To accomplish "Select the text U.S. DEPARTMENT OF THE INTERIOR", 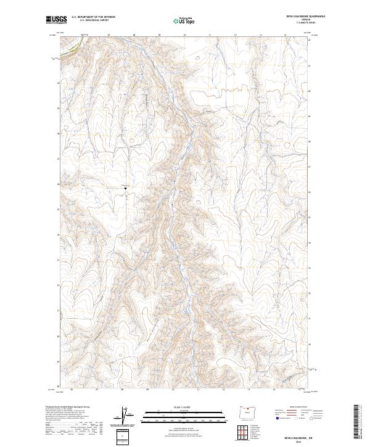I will click(93, 17).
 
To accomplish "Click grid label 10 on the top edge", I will click(185, 36).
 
